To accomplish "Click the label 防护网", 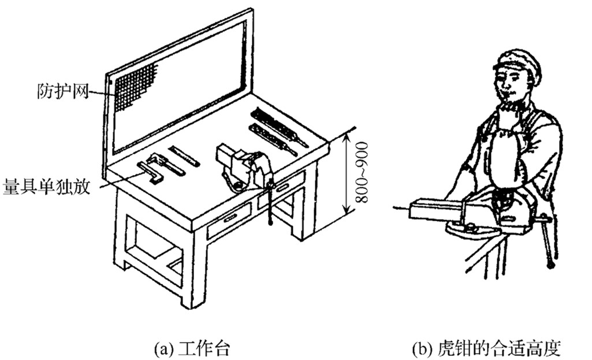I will click(62, 91).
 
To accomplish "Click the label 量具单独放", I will click(47, 188).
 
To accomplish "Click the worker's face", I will click(512, 87).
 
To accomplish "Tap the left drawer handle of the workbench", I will click(230, 218).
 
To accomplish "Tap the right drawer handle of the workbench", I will click(282, 187).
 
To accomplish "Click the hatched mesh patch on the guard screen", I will click(134, 87).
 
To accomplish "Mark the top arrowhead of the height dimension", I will click(346, 134).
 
